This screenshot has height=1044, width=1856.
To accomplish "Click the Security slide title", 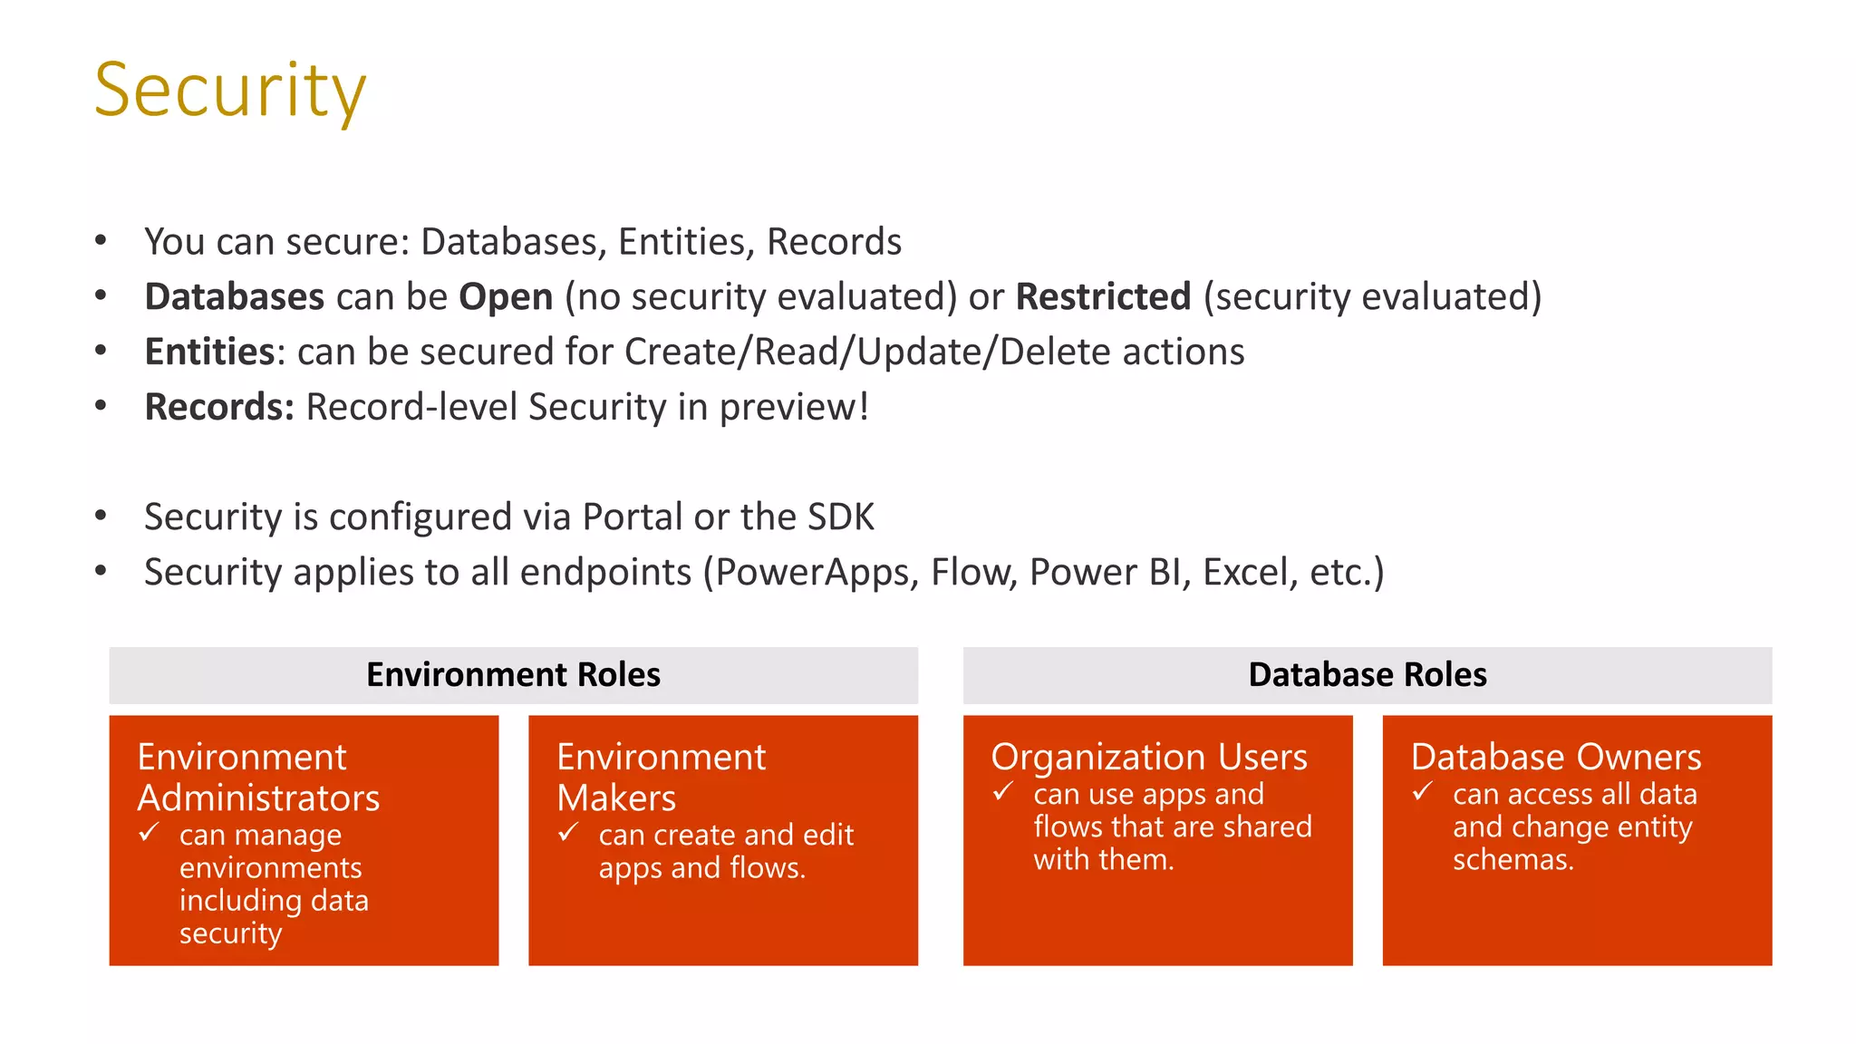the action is tap(230, 91).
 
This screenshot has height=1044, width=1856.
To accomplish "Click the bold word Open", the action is tap(506, 297).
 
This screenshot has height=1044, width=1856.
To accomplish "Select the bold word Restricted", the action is tap(1103, 297).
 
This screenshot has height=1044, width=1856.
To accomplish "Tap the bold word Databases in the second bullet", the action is tap(234, 297).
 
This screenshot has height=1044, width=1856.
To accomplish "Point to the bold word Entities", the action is tap(209, 353).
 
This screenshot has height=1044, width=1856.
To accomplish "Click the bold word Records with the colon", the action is tap(219, 408).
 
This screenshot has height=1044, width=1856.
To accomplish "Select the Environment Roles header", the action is tap(513, 675).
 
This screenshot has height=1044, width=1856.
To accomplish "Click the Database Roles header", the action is tap(1367, 675).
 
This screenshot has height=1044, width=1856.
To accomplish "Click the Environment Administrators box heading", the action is tap(258, 778).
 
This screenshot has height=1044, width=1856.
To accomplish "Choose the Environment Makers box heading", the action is tap(661, 778).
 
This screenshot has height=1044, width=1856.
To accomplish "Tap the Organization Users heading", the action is tap(1149, 758).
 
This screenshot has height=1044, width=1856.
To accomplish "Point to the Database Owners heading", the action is tap(1555, 758).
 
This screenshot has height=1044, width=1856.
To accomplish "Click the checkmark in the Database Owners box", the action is tap(1423, 792).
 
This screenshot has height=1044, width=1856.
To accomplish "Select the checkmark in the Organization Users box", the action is tap(1003, 792).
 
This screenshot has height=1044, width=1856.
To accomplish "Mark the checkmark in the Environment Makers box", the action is tap(568, 832).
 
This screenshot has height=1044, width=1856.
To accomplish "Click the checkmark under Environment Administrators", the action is tap(149, 832).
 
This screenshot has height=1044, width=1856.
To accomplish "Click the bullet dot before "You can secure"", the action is tap(101, 241).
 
